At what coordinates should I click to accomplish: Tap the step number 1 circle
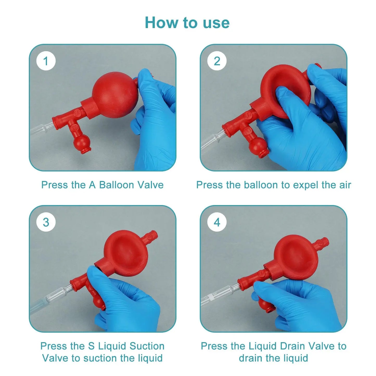pyautogui.click(x=46, y=61)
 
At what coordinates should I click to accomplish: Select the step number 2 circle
pyautogui.click(x=217, y=61)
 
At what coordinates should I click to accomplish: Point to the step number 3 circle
pyautogui.click(x=46, y=222)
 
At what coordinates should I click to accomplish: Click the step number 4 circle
pyautogui.click(x=217, y=222)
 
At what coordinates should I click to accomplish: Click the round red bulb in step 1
pyautogui.click(x=115, y=95)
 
